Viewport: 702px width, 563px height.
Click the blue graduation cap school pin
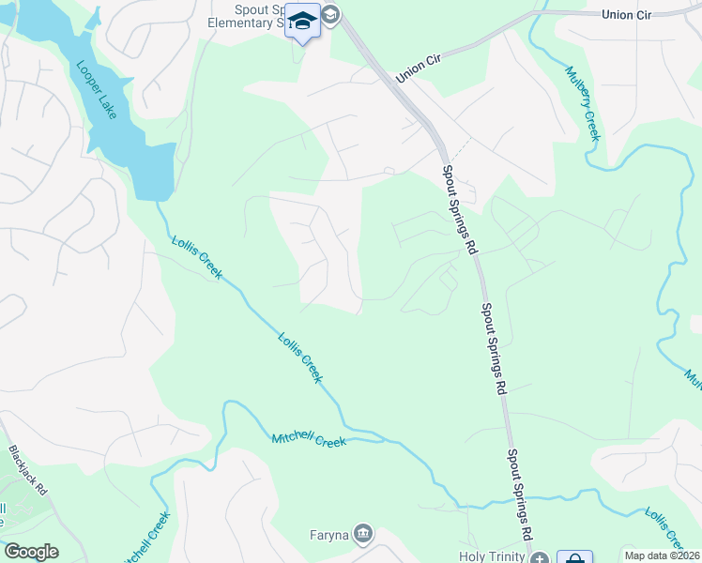point(302,22)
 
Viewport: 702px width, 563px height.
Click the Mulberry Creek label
point(582,102)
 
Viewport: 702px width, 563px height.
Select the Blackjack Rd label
point(26,469)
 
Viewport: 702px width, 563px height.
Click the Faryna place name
point(328,536)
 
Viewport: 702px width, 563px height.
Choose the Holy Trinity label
point(493,556)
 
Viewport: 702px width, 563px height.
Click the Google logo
point(31,552)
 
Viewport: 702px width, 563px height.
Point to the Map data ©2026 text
point(662,555)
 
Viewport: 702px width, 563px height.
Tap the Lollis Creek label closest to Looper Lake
point(196,256)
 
